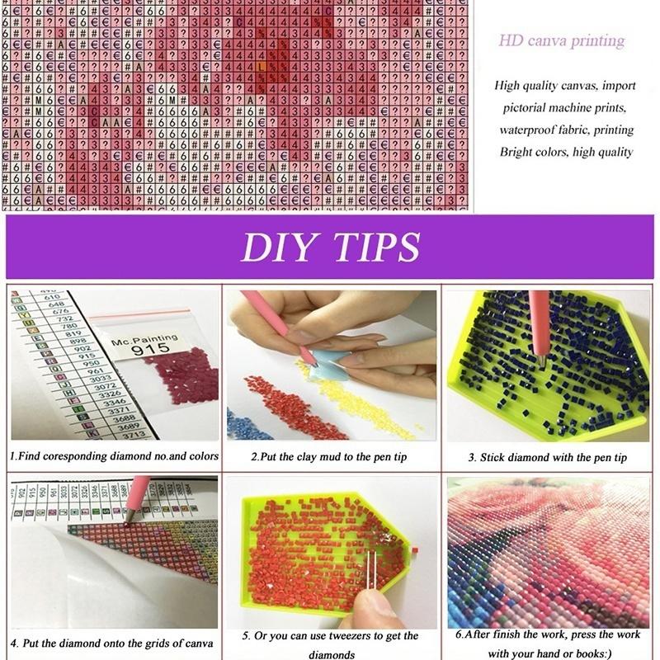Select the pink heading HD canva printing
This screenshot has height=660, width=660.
tap(561, 40)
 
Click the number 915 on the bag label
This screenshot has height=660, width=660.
tap(146, 349)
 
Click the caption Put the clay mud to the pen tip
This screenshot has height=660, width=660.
tap(331, 456)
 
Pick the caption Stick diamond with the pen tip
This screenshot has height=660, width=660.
tap(548, 457)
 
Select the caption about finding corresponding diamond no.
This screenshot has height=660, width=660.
tap(114, 455)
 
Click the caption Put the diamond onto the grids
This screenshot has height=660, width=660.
tap(112, 643)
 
